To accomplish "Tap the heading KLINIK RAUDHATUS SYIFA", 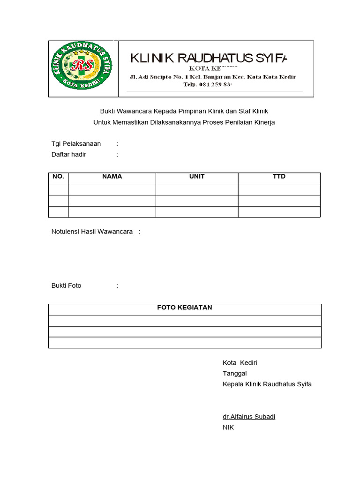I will point(208,58).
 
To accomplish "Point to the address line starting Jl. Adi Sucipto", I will point(212,76).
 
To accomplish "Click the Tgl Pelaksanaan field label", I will point(76,143).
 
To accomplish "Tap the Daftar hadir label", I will point(68,154).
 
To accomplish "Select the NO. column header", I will point(58,177).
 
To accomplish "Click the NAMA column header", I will point(112,177).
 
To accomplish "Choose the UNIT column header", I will point(197,177).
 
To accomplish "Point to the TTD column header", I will point(279,177).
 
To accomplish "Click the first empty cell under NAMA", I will point(112,189).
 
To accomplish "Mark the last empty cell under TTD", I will point(279,212).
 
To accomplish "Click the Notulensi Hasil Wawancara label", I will point(92,232).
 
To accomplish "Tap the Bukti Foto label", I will point(66,285).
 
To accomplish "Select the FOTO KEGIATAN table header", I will point(184,307).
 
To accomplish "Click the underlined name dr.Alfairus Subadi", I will point(249,417).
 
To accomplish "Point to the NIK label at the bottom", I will point(228,427).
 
